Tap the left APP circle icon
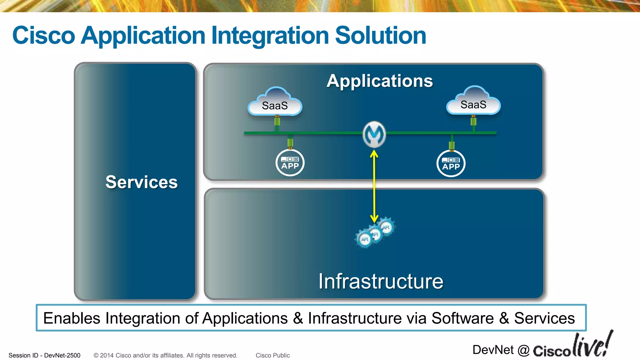[290, 163]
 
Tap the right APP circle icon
[451, 163]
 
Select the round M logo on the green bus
[374, 134]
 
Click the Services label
[142, 182]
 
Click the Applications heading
[380, 81]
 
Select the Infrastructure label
[381, 281]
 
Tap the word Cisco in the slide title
[44, 35]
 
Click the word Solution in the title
[381, 35]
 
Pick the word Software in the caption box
[462, 318]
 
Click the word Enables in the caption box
[72, 318]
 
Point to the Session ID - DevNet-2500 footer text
[44, 355]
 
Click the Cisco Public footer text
[272, 355]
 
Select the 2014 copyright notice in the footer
[166, 355]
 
